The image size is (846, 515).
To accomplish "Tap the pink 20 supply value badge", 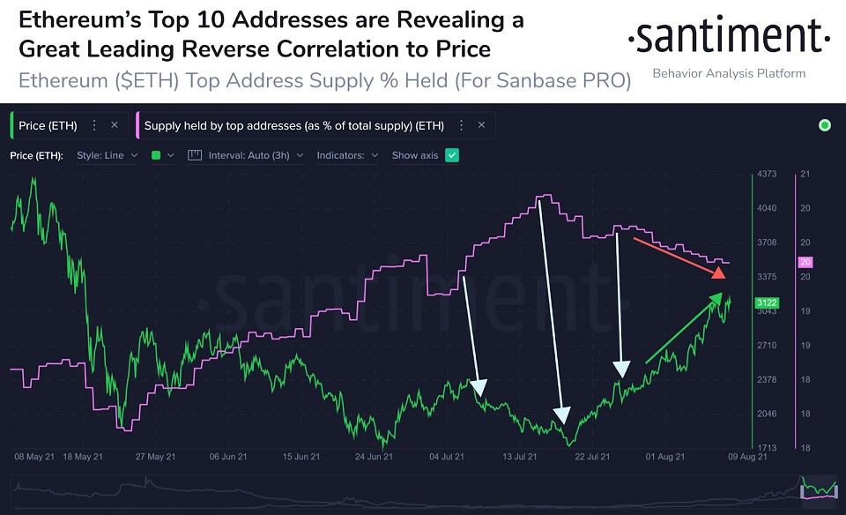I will (805, 262).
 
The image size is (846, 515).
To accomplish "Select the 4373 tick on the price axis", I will (767, 175).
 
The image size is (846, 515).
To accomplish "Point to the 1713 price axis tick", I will (767, 448).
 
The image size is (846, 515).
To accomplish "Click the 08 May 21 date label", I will (33, 458).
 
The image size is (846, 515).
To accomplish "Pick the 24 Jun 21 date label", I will (375, 458).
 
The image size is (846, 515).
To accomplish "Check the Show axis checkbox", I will (452, 155).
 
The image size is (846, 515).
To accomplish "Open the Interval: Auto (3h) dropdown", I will (256, 155).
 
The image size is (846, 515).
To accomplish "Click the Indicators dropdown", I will (347, 155).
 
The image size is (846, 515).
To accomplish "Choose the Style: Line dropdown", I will (108, 155).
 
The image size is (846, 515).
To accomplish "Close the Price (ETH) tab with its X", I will (115, 125).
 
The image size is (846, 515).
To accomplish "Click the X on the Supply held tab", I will (481, 125).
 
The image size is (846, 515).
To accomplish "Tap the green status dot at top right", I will (825, 125).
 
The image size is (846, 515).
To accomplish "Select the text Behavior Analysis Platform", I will (728, 73).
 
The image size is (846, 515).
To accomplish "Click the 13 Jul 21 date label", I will (520, 458).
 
